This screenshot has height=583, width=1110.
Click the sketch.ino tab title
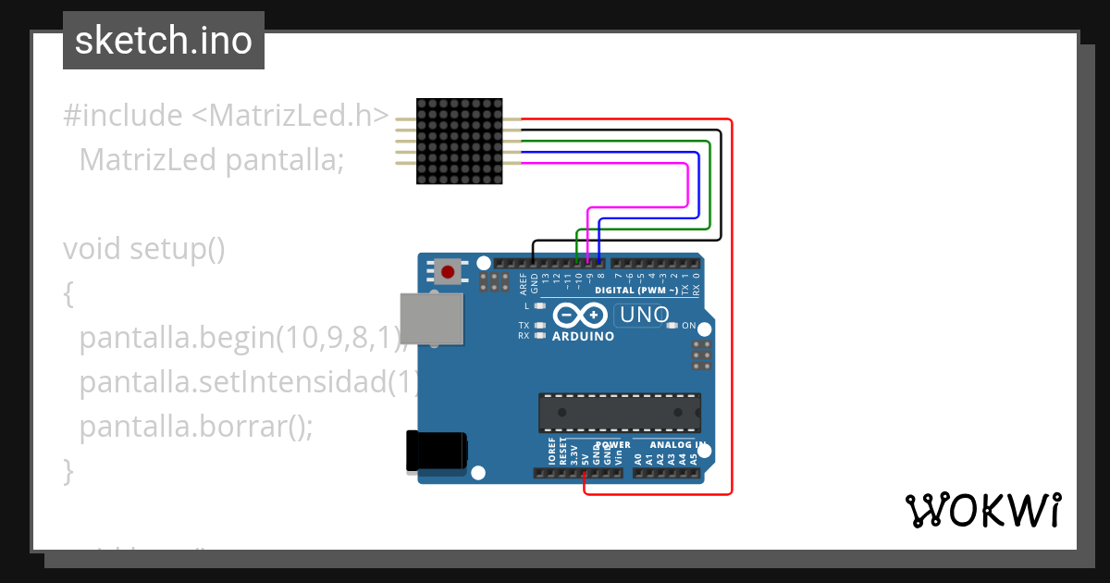click(164, 41)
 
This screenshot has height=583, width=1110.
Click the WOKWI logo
click(982, 510)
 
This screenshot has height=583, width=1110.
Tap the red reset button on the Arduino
click(449, 271)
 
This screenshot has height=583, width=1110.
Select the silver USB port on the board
click(431, 318)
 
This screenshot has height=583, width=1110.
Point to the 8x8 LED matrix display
click(460, 141)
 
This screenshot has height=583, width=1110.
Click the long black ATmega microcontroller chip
click(620, 413)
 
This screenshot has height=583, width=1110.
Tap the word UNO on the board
click(644, 316)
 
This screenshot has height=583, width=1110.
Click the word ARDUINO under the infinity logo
click(583, 337)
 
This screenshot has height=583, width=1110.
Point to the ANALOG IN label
click(672, 445)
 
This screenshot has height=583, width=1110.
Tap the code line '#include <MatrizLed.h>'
click(227, 116)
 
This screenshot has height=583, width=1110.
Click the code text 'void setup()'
click(144, 249)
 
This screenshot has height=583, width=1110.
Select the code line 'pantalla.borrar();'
click(196, 427)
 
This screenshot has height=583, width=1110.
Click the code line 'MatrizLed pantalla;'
click(211, 160)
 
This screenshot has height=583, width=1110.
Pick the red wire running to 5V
click(732, 305)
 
